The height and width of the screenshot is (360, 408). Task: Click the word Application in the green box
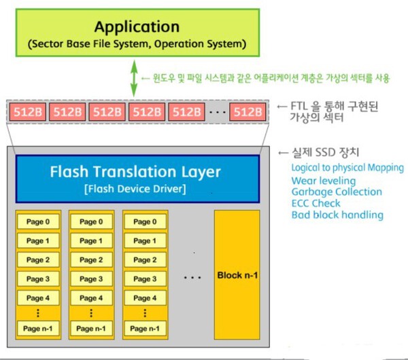[x=137, y=27]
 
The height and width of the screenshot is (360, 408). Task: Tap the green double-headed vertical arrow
[x=134, y=78]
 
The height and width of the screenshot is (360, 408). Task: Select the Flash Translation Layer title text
[x=135, y=172]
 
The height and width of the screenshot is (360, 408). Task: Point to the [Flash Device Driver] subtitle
[x=135, y=189]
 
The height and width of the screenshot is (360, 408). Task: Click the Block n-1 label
[x=237, y=275]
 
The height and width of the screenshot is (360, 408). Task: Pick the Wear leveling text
[x=324, y=181]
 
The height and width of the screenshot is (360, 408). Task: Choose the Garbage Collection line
[x=337, y=192]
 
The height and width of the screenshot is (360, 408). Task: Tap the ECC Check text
[x=316, y=203]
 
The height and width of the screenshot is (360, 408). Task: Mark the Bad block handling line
[x=337, y=215]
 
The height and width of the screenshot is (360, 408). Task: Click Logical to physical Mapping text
[x=347, y=168]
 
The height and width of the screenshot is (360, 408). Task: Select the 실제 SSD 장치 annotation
[x=326, y=153]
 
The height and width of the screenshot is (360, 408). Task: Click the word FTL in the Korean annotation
[x=299, y=106]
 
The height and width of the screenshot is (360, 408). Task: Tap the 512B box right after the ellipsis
[x=248, y=112]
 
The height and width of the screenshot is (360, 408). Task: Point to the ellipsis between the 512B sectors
[x=218, y=112]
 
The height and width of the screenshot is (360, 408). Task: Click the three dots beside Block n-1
[x=192, y=278]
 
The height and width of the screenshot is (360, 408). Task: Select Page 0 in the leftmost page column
[x=38, y=221]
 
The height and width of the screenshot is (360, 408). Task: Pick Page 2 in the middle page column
[x=91, y=260]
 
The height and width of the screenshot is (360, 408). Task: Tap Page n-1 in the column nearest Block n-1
[x=145, y=329]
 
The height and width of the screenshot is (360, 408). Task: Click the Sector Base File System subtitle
[x=137, y=43]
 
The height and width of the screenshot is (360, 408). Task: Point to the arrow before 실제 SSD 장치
[x=283, y=153]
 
